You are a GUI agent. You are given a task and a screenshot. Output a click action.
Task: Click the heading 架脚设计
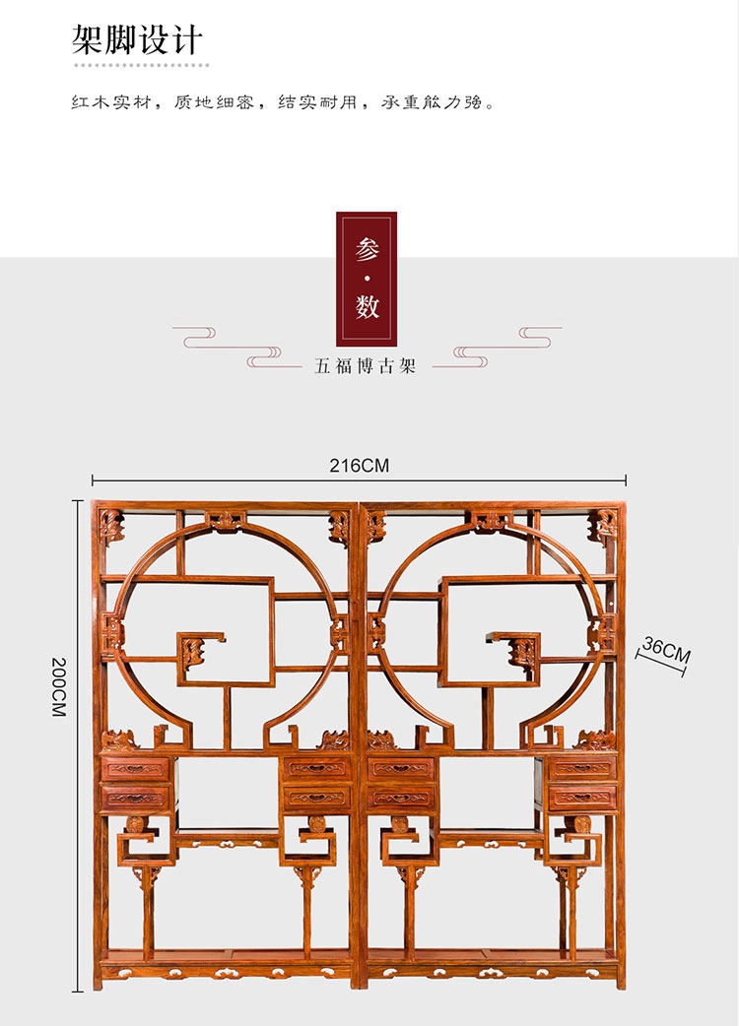pos(137,39)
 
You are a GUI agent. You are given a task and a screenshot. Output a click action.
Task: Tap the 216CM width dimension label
pos(360,466)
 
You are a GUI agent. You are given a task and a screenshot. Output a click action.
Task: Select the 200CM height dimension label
pos(59,686)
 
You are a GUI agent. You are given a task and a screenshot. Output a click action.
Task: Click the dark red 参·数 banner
pos(367,278)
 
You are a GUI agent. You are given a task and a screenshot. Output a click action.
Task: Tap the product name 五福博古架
pos(366,366)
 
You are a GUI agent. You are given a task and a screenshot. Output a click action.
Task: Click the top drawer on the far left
pos(135,768)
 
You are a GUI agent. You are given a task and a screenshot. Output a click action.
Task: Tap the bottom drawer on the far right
pos(582,798)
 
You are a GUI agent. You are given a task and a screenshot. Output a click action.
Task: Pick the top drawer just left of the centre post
pos(316,768)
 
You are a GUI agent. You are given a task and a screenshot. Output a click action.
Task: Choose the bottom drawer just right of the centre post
pos(401,798)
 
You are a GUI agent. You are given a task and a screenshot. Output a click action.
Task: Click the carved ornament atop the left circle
pos(226,520)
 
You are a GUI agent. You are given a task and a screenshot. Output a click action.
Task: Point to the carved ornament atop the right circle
pos(490,520)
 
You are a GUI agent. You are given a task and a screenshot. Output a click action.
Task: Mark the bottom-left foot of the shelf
pos(99,980)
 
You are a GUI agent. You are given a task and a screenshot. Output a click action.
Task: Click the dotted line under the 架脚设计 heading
pos(143,65)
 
